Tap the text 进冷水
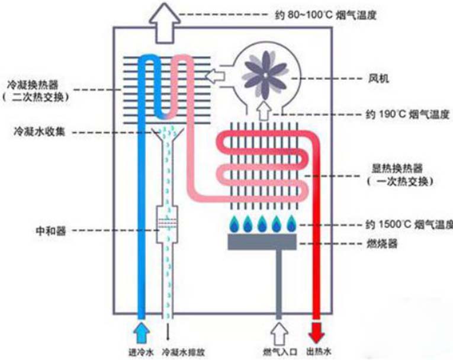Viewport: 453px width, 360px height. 141,351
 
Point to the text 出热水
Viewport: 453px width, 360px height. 317,351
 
